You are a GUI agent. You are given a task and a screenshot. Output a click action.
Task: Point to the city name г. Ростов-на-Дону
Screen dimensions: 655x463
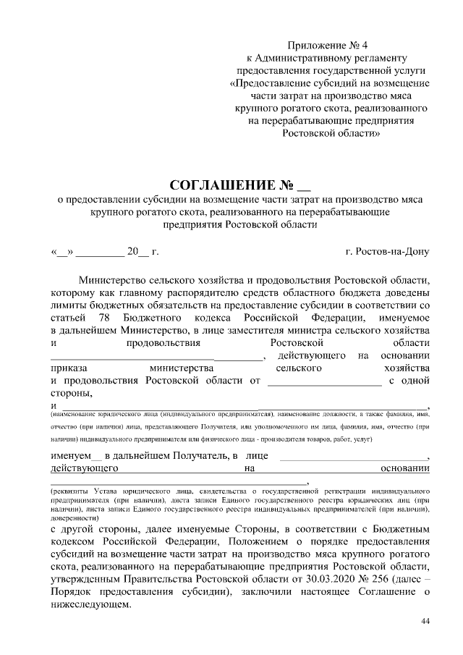coord(387,252)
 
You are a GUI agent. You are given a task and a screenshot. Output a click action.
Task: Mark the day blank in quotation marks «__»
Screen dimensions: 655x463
coord(61,252)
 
